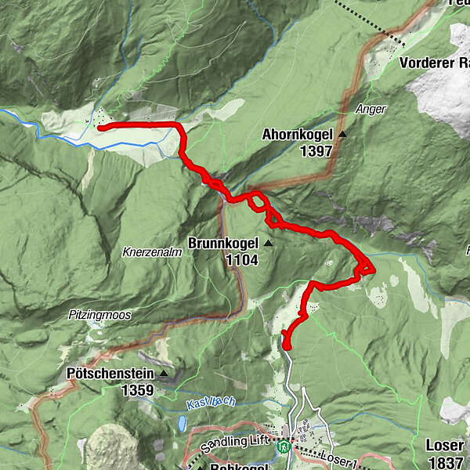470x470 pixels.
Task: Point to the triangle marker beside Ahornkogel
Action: [x=342, y=135]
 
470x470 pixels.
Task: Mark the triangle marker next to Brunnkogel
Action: [x=268, y=244]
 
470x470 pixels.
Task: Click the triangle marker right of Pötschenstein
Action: [x=163, y=374]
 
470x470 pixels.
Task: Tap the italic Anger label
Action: [x=370, y=109]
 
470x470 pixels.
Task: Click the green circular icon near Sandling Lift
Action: [x=284, y=447]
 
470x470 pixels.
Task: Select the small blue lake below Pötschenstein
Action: [x=182, y=424]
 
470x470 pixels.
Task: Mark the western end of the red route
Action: [x=99, y=126]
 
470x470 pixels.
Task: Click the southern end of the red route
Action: [x=287, y=345]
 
